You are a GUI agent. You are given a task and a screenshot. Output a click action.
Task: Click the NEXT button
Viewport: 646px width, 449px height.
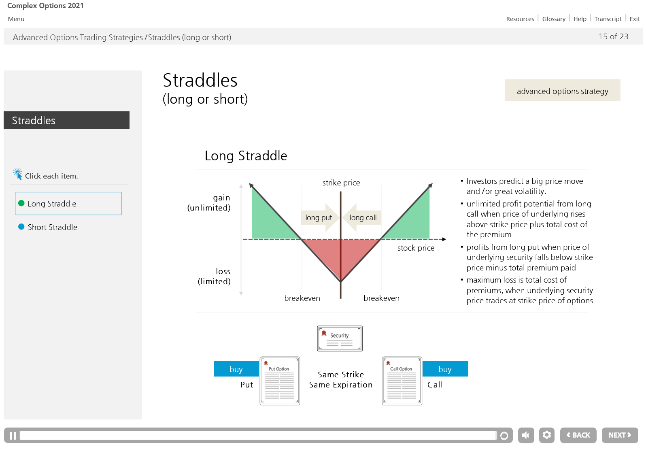point(620,435)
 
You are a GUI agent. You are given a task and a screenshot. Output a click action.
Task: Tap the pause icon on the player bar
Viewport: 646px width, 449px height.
point(13,436)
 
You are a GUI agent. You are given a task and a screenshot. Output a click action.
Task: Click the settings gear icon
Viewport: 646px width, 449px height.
point(547,435)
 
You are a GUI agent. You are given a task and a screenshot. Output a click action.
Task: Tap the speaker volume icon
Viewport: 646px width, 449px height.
point(526,435)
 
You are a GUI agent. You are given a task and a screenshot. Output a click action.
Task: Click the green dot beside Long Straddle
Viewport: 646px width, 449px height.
point(21,203)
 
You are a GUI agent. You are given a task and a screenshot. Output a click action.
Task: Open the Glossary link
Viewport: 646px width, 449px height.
point(554,19)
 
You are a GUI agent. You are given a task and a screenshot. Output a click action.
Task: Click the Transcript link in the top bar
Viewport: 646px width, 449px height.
point(608,19)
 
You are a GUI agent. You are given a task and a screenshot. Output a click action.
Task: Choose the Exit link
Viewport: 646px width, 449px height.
point(635,19)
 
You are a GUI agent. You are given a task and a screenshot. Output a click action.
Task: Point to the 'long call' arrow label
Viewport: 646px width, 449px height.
point(362,217)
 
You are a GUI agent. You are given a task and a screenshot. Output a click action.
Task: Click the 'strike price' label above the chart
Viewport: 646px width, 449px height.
point(341,183)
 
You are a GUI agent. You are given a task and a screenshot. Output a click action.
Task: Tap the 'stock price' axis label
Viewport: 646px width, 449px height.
point(416,248)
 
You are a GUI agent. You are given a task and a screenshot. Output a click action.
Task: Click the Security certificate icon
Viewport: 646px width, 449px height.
point(340,338)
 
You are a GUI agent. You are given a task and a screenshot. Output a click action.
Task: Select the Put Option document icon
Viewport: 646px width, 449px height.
point(280,381)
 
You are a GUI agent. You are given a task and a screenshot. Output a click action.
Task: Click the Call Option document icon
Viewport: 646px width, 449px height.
point(402,381)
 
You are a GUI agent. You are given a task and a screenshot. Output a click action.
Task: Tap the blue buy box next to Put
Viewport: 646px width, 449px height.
point(236,369)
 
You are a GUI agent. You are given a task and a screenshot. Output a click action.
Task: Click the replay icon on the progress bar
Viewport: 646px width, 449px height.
point(504,436)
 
